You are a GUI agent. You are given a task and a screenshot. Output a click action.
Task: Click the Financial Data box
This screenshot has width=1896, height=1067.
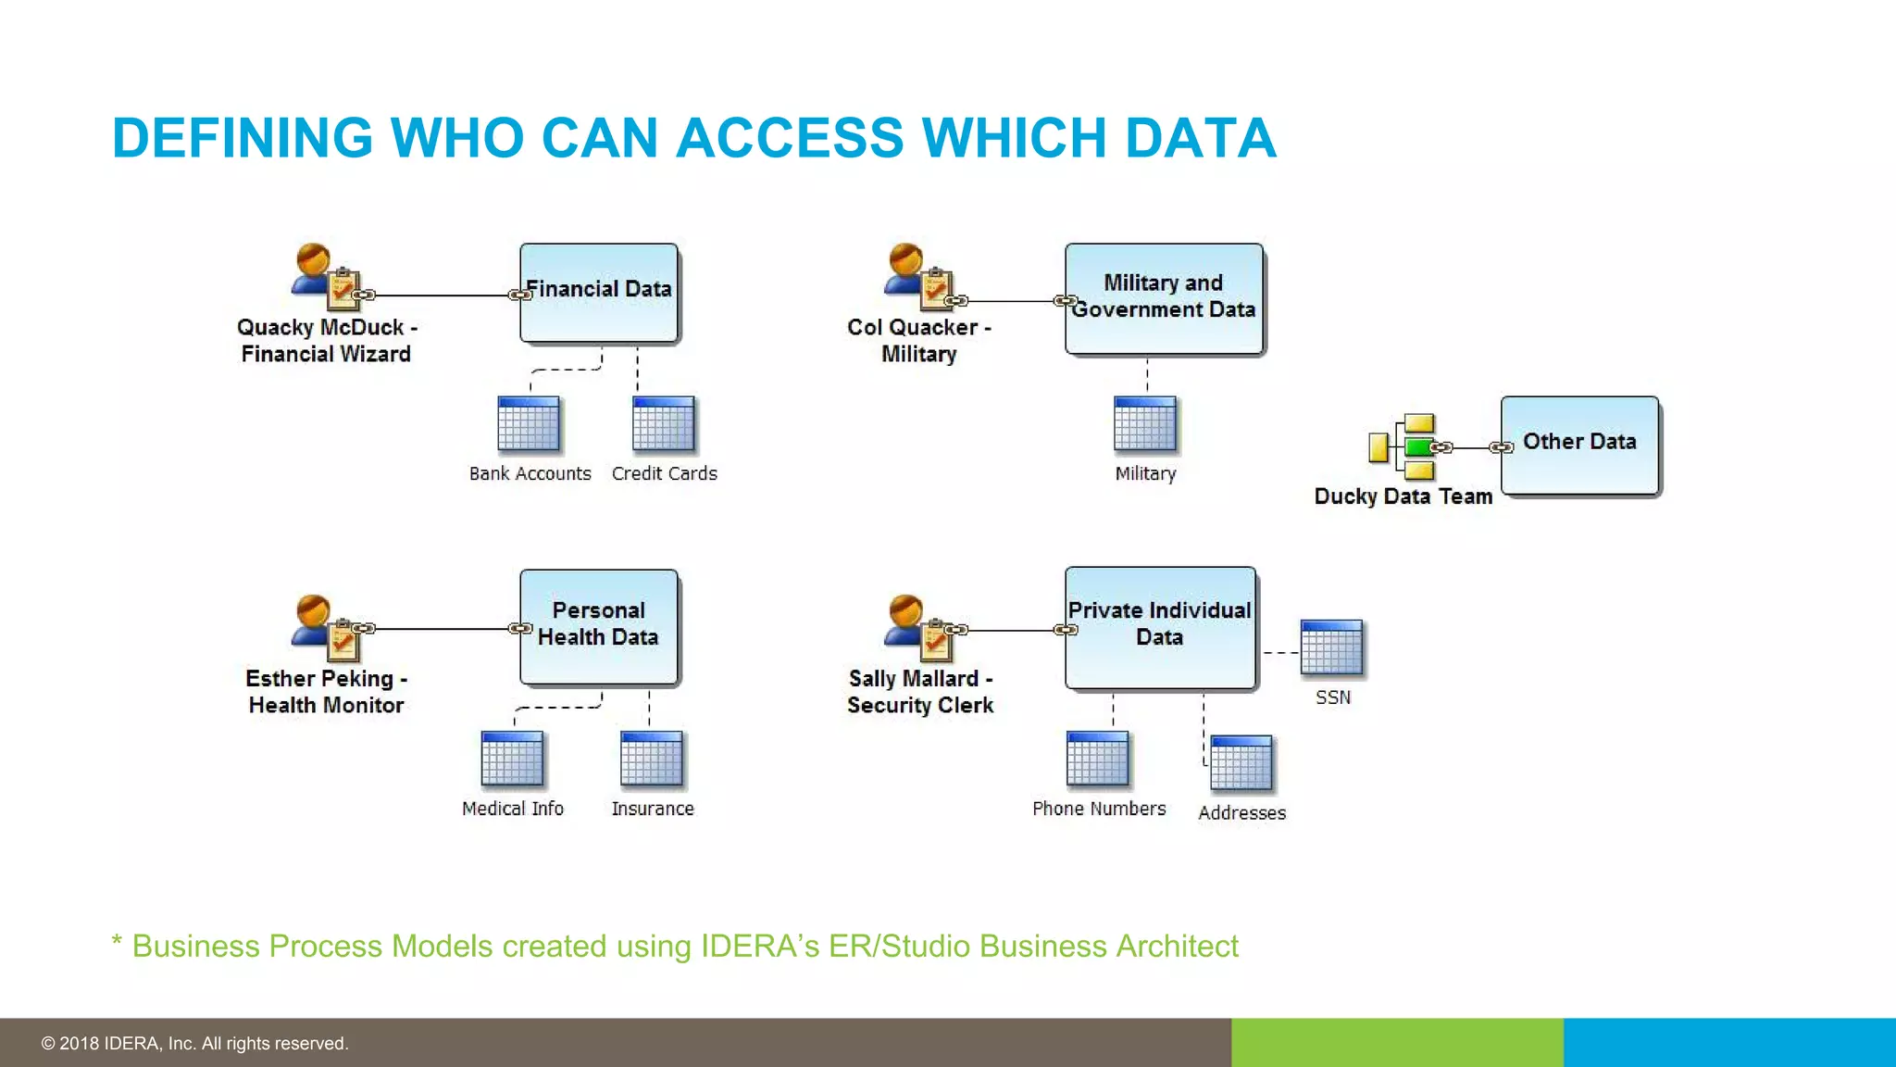point(599,293)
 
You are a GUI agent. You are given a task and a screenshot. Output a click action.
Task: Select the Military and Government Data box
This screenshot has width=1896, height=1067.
point(1164,298)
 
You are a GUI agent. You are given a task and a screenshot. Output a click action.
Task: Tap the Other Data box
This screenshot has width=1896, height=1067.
point(1579,445)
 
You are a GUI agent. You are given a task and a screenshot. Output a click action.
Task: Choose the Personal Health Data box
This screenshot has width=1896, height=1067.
point(599,626)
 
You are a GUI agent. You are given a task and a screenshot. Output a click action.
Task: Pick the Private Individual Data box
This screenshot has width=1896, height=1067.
point(1160,627)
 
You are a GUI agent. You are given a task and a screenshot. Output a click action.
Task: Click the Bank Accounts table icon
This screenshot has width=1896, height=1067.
point(529,424)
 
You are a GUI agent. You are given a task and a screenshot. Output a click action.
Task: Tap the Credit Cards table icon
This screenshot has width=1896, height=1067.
point(663,424)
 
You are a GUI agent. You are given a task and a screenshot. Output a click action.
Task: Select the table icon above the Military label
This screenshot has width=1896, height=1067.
point(1145,424)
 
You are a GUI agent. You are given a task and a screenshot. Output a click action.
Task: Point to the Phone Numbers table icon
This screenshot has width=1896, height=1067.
point(1097,759)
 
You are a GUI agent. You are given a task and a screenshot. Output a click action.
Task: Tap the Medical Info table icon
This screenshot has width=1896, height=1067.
point(512,759)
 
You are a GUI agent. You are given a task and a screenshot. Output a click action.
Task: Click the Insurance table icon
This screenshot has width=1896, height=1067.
point(652,759)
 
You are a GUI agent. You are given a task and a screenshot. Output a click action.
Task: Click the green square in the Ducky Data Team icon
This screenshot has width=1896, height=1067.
point(1418,447)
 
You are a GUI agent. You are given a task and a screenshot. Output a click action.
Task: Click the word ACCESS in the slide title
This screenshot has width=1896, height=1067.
point(790,138)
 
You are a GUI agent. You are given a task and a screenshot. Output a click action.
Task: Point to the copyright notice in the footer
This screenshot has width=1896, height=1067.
point(194,1043)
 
